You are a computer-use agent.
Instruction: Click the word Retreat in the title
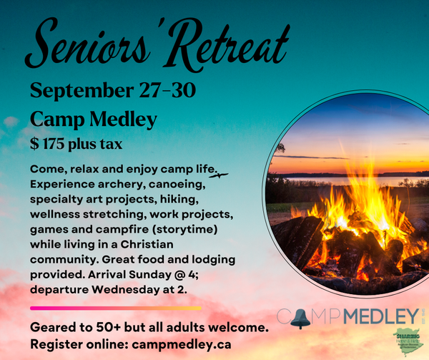point(228,47)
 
